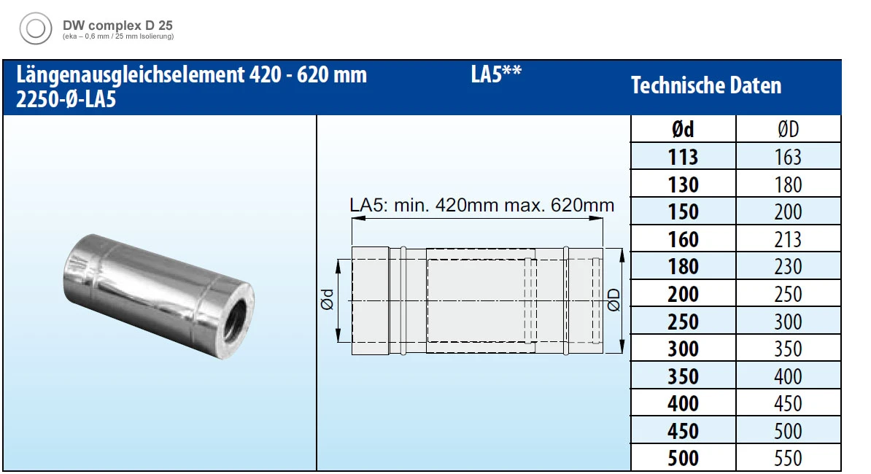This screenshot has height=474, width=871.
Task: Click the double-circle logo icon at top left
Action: click(x=34, y=30)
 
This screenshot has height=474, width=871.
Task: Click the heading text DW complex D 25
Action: click(x=117, y=25)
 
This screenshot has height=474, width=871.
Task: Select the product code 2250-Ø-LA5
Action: click(x=66, y=100)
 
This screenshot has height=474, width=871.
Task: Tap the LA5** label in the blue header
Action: click(x=496, y=75)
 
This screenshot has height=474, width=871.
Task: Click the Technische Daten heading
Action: click(x=705, y=86)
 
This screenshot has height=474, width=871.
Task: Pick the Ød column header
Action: click(x=683, y=130)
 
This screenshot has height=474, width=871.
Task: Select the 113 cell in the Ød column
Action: click(x=683, y=157)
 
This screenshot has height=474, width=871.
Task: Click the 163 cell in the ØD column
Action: click(x=788, y=157)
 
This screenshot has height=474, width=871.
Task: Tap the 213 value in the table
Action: click(x=788, y=239)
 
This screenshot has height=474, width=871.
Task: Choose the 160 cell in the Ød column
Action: click(x=683, y=239)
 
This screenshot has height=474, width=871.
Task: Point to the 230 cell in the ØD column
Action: click(x=788, y=267)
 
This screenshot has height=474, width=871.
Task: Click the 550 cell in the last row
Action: click(x=788, y=459)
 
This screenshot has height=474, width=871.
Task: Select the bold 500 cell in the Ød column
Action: click(x=683, y=459)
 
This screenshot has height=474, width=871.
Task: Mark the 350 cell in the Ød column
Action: click(x=683, y=377)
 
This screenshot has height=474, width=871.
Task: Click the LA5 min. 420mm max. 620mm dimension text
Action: click(x=482, y=206)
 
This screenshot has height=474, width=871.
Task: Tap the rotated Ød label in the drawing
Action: click(x=328, y=300)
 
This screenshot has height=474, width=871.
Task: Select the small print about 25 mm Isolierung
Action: click(x=117, y=36)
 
